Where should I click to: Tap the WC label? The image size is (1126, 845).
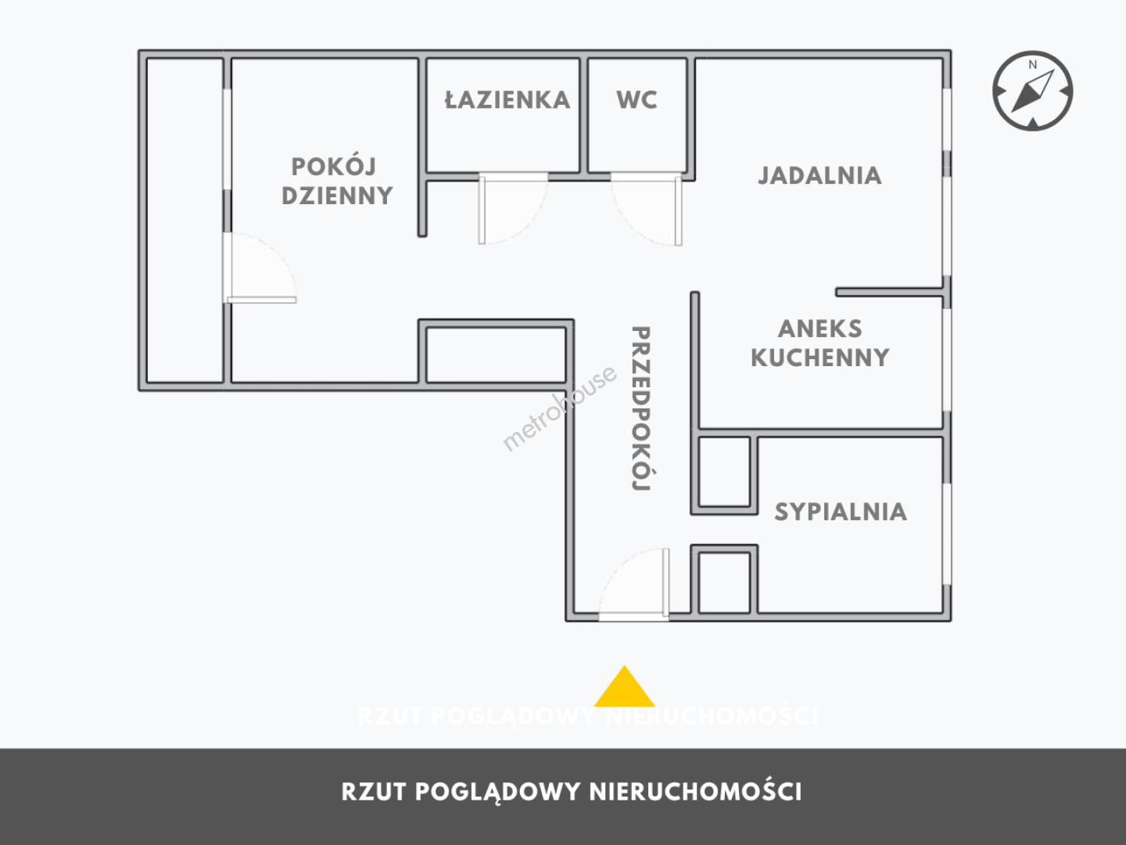click(x=637, y=99)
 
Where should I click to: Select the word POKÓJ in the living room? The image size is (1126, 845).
click(x=334, y=166)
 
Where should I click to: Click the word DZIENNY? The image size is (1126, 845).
click(x=338, y=196)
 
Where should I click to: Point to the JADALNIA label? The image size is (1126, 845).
click(x=819, y=175)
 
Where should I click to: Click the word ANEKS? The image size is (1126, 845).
click(x=819, y=329)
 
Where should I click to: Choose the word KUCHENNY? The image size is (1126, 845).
click(x=819, y=358)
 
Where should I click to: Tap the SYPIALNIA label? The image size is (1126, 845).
click(x=841, y=512)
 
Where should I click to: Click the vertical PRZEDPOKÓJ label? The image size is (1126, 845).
click(x=640, y=408)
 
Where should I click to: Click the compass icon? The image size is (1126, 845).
click(x=1032, y=91)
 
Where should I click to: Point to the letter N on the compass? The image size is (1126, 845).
click(x=1033, y=65)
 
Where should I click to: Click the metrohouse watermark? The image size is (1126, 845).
click(x=560, y=408)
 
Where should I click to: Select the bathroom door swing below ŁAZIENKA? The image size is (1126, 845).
click(x=513, y=209)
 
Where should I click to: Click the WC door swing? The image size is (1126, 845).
click(x=647, y=210)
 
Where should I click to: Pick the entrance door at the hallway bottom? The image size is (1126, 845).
click(x=634, y=585)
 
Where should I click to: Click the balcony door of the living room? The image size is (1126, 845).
click(x=260, y=268)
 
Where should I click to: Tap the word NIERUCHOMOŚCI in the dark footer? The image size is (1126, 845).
click(x=695, y=792)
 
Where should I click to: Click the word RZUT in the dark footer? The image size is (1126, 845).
click(x=374, y=792)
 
